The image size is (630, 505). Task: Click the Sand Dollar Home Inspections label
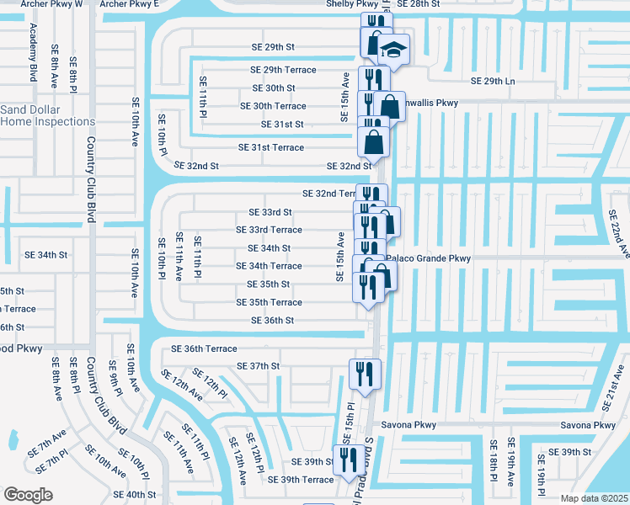click(47, 115)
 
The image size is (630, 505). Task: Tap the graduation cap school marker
click(392, 50)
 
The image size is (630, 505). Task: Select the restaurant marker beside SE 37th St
click(365, 373)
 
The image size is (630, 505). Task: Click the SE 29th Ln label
click(491, 81)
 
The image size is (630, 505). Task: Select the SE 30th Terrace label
click(273, 106)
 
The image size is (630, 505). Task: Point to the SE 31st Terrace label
click(271, 147)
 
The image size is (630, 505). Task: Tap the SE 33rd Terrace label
click(269, 230)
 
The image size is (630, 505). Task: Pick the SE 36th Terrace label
click(204, 348)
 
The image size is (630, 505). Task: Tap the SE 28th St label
click(419, 4)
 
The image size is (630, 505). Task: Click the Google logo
click(28, 494)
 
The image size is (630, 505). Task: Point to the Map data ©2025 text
click(594, 498)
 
